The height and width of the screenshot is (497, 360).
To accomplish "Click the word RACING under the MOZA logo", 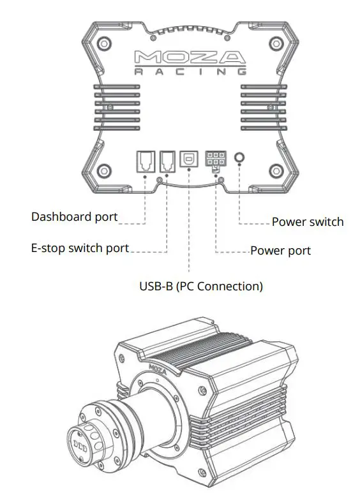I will (x=190, y=72).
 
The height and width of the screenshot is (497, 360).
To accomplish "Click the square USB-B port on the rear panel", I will (x=190, y=159).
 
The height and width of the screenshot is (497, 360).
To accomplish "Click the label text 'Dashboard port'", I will (x=75, y=217).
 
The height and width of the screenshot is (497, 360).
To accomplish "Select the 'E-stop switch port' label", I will (x=80, y=248).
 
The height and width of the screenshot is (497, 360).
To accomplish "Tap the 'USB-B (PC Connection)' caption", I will (x=201, y=286).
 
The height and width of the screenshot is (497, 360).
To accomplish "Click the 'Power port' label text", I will (x=280, y=251).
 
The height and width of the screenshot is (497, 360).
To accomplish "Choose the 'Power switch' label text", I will (x=307, y=222).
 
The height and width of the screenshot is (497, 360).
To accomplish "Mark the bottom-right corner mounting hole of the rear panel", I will (x=276, y=170).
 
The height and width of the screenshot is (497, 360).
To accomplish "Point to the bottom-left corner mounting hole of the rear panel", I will (x=103, y=170).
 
